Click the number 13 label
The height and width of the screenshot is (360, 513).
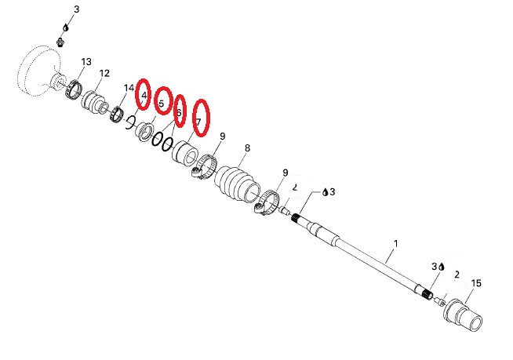(x=86, y=62)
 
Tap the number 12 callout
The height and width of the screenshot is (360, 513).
(x=104, y=73)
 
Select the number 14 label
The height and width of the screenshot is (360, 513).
(x=129, y=88)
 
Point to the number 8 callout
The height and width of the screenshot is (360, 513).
(x=247, y=148)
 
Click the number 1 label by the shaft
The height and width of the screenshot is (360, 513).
(x=396, y=244)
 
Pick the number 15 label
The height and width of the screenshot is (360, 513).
(x=476, y=283)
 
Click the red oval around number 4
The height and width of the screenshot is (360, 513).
(x=143, y=94)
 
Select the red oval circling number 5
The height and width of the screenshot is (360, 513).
(x=163, y=101)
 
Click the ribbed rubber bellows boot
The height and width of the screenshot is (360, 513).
(x=238, y=184)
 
